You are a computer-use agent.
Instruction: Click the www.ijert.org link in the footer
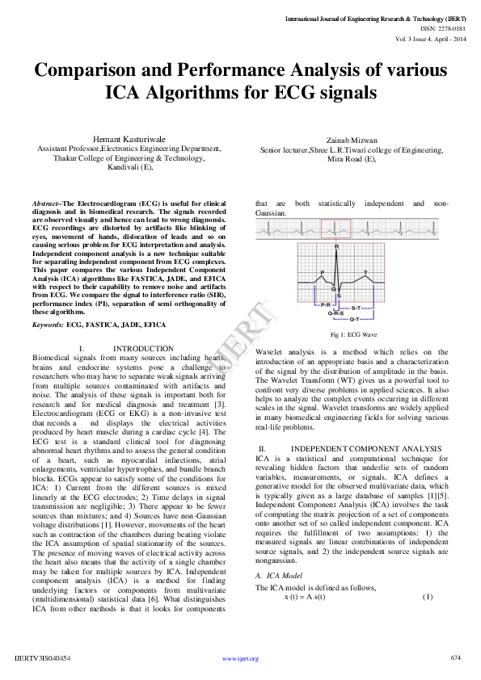[x=240, y=659]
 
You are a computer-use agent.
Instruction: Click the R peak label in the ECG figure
[x=337, y=247]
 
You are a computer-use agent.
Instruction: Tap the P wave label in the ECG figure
[x=322, y=272]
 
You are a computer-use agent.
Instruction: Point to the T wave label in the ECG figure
[x=365, y=272]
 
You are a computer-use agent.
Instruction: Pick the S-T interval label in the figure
[x=357, y=308]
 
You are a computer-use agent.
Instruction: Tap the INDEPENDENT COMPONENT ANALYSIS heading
[x=366, y=447]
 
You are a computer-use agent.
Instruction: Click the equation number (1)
[x=428, y=597]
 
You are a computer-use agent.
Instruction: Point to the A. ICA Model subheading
[x=284, y=575]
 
